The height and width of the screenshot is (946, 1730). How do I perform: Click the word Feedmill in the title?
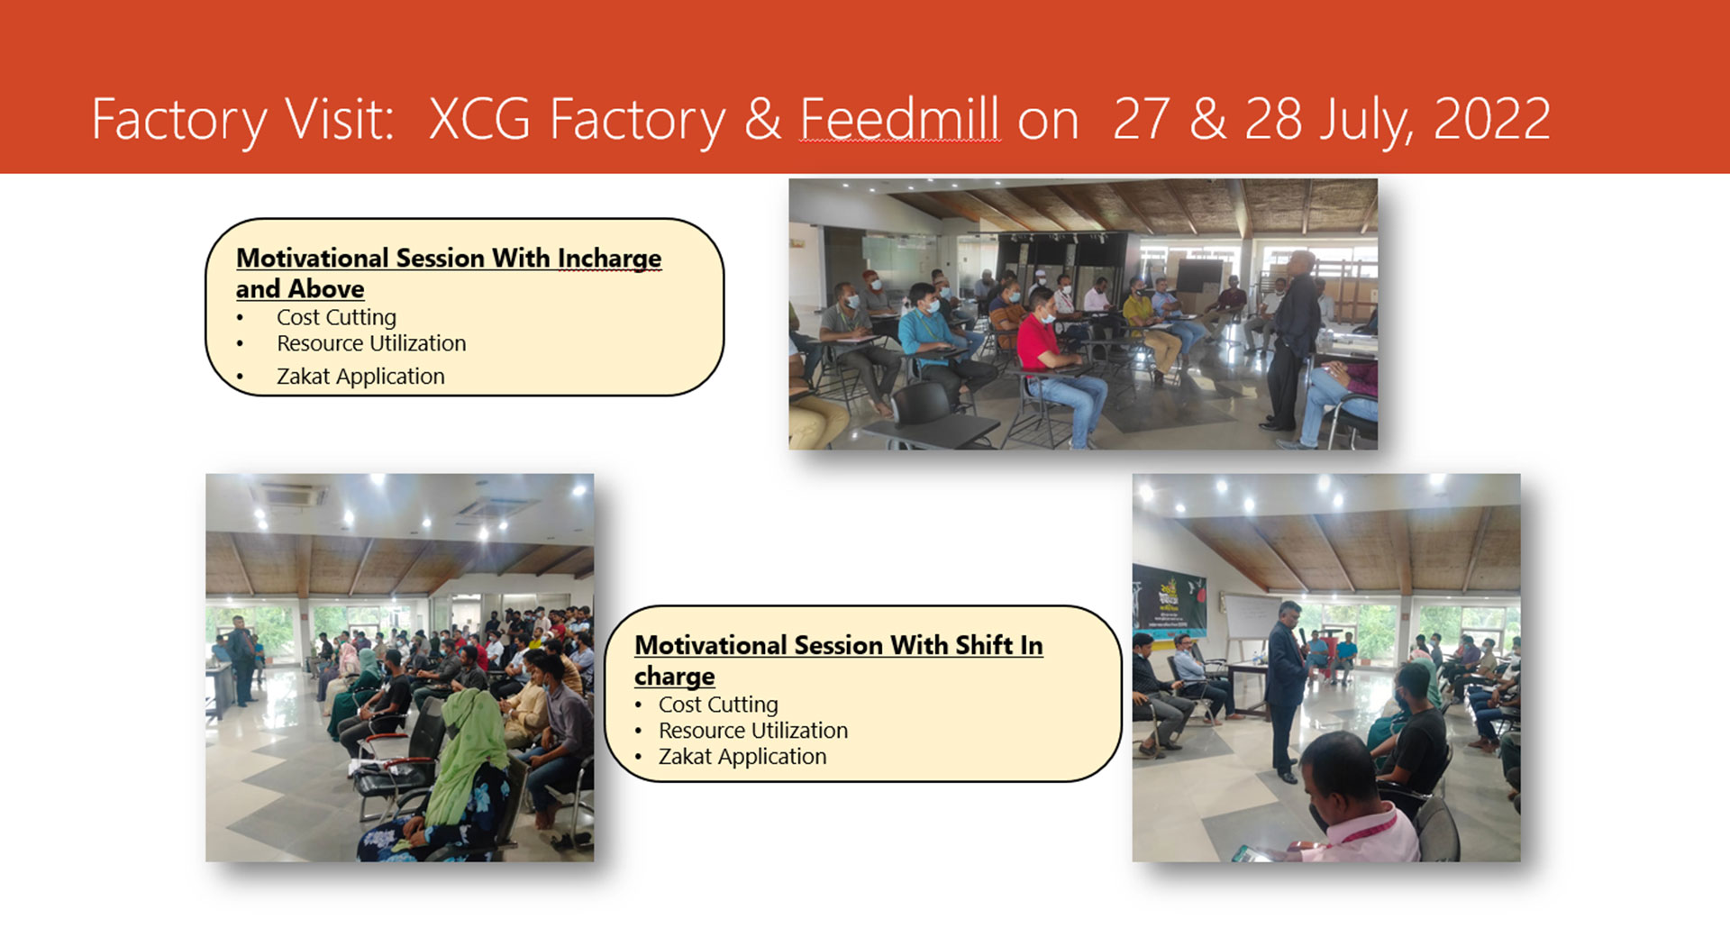900,119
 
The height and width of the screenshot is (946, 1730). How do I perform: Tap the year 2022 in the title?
1492,119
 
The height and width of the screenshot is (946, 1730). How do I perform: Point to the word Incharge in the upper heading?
609,259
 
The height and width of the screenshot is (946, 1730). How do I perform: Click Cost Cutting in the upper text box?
336,317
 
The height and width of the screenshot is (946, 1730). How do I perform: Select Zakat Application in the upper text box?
360,376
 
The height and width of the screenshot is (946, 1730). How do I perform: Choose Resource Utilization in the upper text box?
371,343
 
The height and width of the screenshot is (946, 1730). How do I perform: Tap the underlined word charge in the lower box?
675,677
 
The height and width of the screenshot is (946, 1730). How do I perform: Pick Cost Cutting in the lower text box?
718,705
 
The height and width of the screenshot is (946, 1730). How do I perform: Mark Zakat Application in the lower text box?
742,757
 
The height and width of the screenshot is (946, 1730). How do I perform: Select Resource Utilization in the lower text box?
753,731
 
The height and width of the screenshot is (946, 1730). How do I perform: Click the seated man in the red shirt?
1054,365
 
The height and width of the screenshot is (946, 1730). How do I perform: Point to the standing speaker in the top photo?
1291,338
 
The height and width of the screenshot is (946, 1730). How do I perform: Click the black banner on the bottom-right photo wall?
1170,598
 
